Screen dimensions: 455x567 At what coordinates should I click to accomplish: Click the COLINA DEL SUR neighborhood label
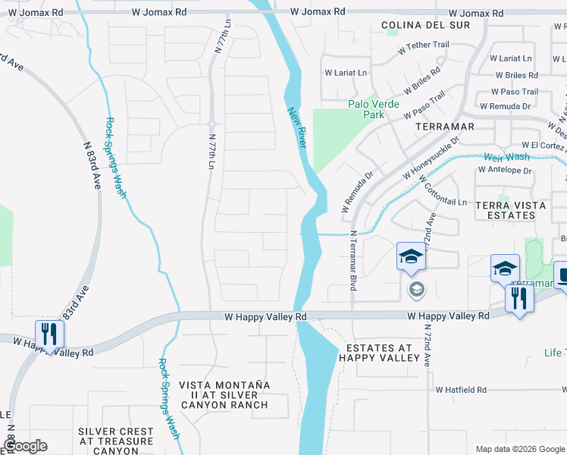[425, 25]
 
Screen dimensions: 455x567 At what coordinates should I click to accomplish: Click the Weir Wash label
[506, 157]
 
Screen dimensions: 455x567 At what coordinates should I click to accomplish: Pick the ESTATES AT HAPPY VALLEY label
[378, 353]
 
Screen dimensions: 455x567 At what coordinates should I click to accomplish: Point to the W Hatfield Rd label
[461, 389]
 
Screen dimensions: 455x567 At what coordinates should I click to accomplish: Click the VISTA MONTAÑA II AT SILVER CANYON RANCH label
[224, 394]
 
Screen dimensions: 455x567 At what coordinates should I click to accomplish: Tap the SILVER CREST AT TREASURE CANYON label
[116, 441]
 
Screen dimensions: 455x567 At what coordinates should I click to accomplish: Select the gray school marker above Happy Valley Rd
[416, 289]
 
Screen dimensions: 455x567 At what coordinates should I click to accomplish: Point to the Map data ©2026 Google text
[519, 449]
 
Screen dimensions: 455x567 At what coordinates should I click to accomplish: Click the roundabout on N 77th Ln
[211, 124]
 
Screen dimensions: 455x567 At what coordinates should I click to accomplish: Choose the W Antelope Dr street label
[506, 171]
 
